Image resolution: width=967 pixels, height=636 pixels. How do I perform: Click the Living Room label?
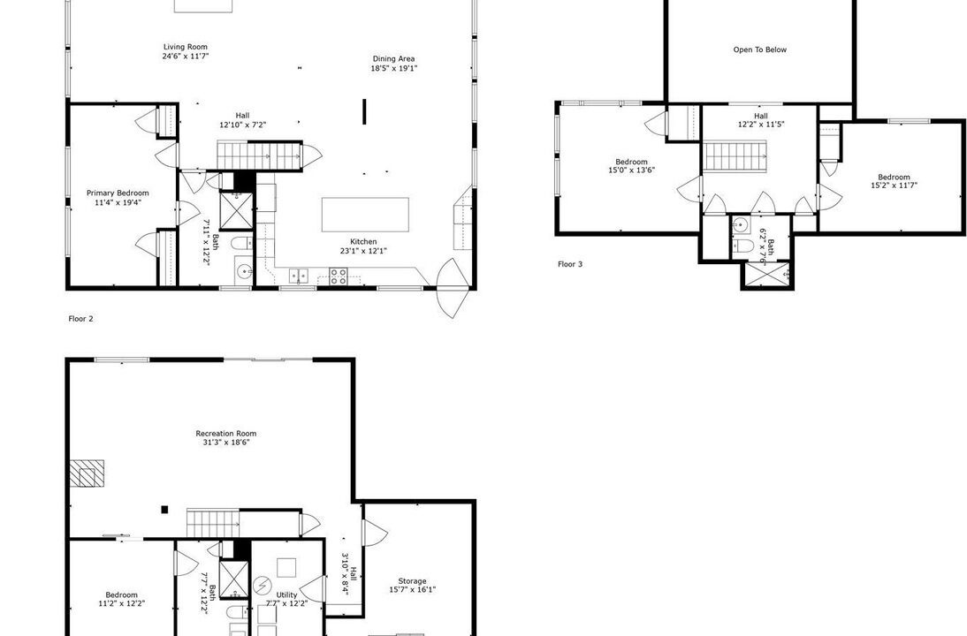(x=185, y=47)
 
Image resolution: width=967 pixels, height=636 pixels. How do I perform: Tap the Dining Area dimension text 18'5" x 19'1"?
(x=394, y=68)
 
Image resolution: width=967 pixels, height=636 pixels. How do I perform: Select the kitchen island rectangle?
(x=365, y=215)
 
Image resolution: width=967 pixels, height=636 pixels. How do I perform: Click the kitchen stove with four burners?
(x=338, y=276)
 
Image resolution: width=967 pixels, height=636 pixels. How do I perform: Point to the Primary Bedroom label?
(x=118, y=193)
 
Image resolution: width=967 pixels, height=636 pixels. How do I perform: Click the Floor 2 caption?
(x=80, y=319)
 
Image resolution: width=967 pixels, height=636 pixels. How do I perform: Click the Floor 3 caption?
(x=570, y=264)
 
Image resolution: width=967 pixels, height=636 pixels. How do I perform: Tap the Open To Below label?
(x=760, y=50)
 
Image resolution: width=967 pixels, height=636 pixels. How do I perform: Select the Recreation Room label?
(x=225, y=433)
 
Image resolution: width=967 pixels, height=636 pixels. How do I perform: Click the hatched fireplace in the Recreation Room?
(x=87, y=473)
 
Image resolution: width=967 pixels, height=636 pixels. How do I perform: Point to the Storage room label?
(x=412, y=581)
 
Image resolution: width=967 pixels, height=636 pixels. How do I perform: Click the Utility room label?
(x=286, y=594)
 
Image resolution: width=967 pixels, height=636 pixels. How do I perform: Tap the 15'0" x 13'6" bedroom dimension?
(x=631, y=170)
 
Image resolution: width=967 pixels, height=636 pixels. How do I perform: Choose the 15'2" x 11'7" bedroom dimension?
(x=895, y=185)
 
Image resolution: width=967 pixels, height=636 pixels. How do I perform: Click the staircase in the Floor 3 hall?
(x=735, y=155)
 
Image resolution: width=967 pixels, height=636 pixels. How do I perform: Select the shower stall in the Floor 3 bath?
(x=767, y=274)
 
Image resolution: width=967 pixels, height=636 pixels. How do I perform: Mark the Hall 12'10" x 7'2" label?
(x=243, y=120)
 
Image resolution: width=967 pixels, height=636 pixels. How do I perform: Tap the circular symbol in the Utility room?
(x=263, y=584)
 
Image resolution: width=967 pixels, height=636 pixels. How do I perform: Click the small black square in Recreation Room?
(x=164, y=510)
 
